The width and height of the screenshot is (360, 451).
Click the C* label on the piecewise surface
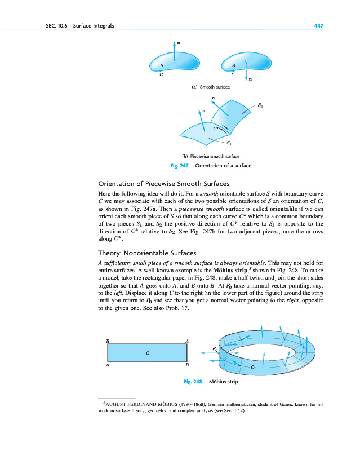point(216,129)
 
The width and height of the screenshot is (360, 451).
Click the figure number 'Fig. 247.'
point(180,166)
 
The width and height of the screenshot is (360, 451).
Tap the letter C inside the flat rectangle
point(147,353)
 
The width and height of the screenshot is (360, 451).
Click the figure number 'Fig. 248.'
point(193,382)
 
